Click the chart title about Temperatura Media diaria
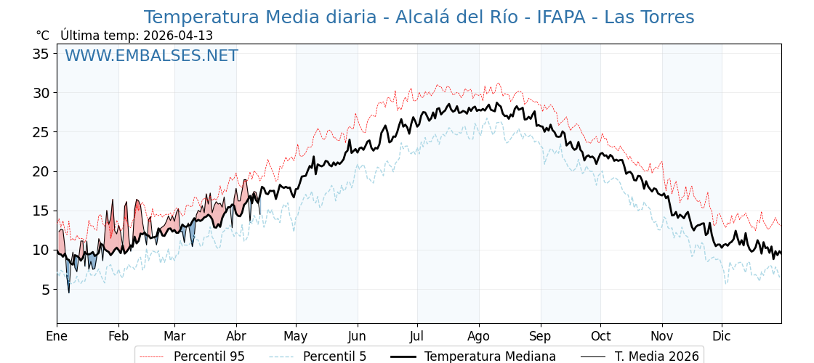(x=419, y=17)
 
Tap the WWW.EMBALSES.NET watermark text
(x=151, y=56)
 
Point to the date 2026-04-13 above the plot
(x=178, y=36)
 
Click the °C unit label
(x=42, y=36)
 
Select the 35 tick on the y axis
(x=41, y=54)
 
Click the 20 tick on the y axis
(x=41, y=171)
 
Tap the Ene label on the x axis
(x=57, y=336)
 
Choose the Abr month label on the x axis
(x=236, y=336)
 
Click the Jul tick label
(x=417, y=336)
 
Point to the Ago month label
(x=479, y=336)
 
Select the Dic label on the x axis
(x=722, y=336)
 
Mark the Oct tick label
(x=600, y=336)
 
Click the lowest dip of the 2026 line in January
(x=69, y=292)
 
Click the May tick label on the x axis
(x=296, y=336)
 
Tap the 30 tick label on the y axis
(x=41, y=93)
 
